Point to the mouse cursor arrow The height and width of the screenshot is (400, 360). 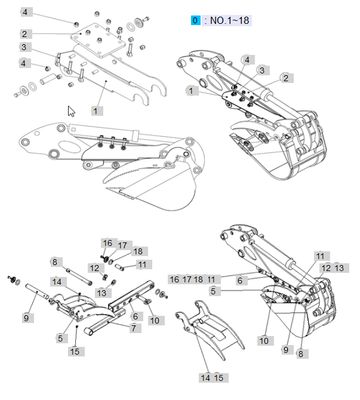[x=69, y=110]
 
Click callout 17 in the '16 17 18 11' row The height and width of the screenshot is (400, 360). [x=186, y=280]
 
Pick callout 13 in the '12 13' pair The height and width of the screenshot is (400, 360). [x=339, y=269]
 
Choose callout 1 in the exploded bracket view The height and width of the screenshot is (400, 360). [x=96, y=104]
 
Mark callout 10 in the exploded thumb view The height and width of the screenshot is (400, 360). [x=154, y=320]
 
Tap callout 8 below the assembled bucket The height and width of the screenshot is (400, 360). [x=301, y=352]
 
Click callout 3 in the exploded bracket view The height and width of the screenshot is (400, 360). [x=24, y=47]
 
